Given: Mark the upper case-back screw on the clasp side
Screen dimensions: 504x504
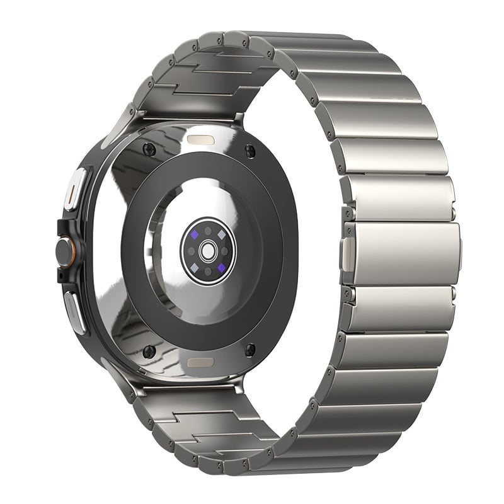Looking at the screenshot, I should pos(250,150).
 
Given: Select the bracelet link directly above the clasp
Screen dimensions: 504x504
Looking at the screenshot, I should pos(396,199).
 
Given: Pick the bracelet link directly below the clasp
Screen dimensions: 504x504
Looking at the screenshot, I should pos(401,307).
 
